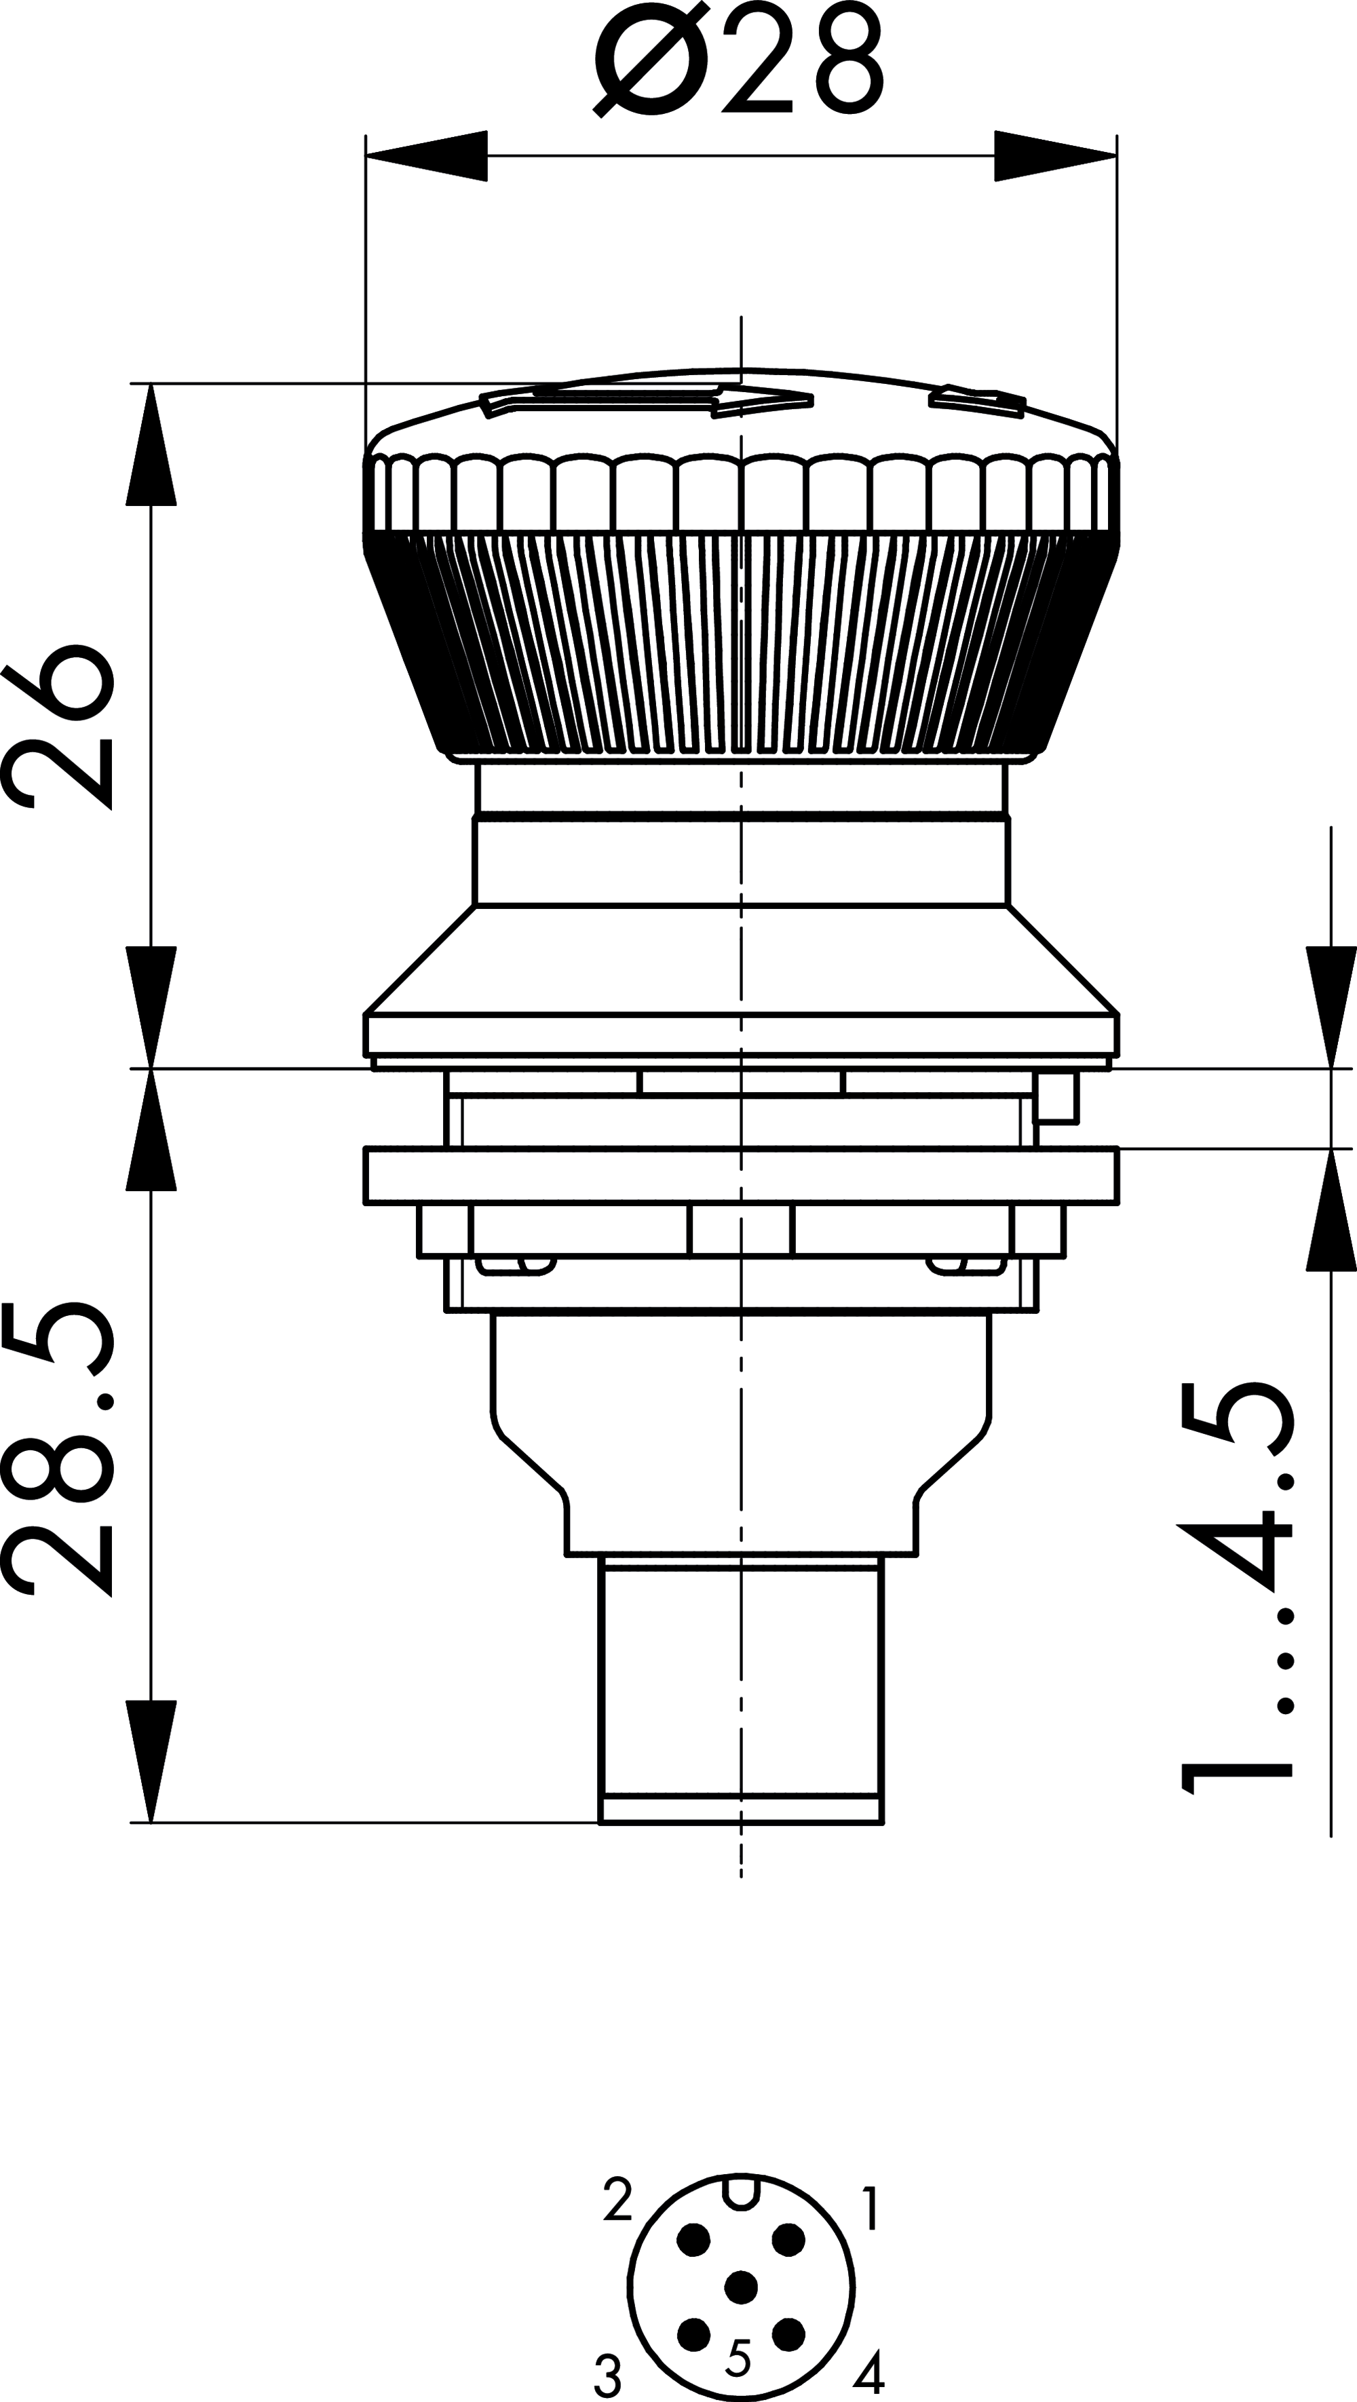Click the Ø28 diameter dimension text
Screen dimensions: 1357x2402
coord(739,60)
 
